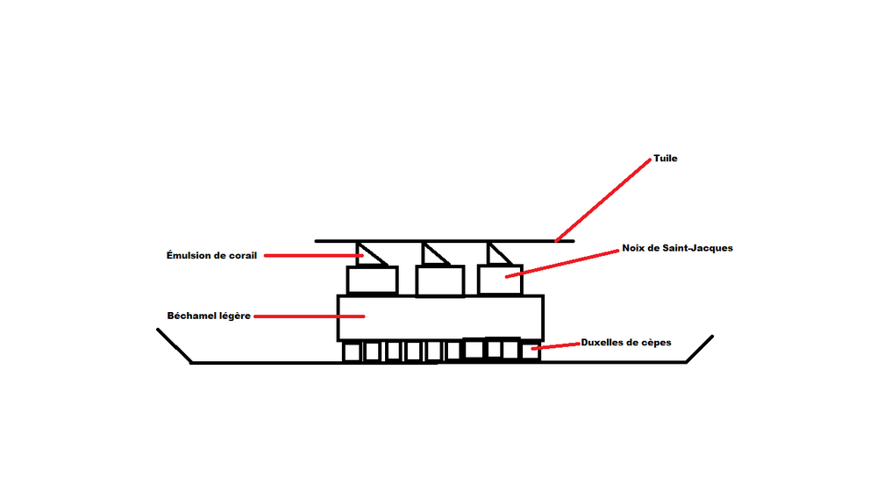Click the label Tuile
(666, 160)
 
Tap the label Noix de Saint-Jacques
(677, 248)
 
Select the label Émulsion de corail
(211, 256)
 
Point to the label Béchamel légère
(210, 316)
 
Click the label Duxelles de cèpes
(626, 343)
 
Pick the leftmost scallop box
(373, 281)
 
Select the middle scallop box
(440, 281)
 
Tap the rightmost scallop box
(500, 280)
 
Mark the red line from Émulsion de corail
(311, 256)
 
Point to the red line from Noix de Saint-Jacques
(561, 263)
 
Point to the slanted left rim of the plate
(175, 345)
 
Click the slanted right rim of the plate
(700, 348)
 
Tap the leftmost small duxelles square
(352, 352)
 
